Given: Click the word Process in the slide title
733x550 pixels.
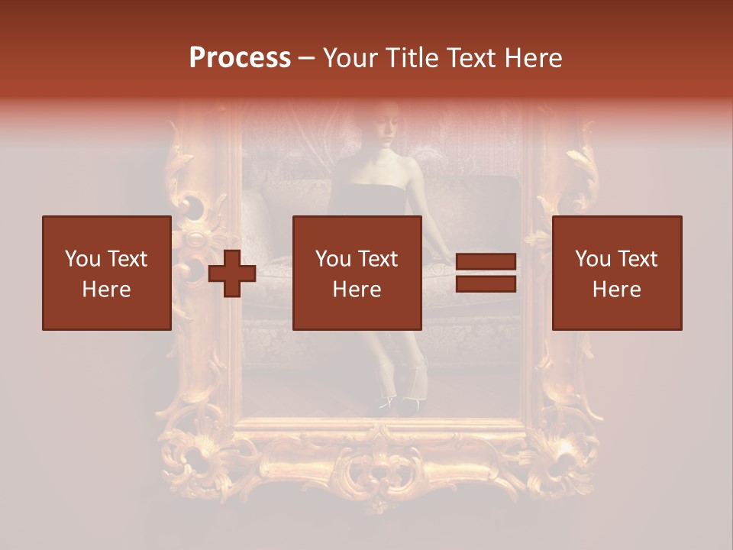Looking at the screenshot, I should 240,58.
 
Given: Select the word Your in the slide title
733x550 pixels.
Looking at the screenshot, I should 350,58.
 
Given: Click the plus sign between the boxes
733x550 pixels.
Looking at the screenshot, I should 232,273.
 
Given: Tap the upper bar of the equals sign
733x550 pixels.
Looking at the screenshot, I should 486,263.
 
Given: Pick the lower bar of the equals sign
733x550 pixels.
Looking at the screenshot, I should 486,284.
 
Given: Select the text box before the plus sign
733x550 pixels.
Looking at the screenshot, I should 107,273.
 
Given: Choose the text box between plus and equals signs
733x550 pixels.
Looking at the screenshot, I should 357,273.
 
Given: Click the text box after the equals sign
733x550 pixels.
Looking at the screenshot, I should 616,273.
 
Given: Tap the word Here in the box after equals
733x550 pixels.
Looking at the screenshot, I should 616,290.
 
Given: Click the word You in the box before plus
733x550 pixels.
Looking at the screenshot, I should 82,259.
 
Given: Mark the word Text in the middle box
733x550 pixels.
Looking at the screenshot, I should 377,259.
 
